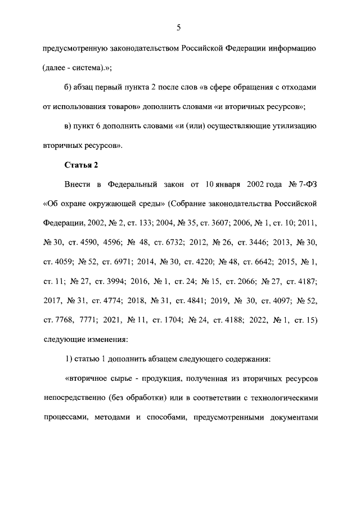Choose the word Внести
click(x=78, y=183)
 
